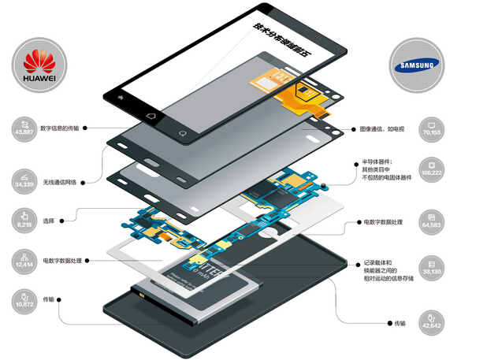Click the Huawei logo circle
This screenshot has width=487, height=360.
32,64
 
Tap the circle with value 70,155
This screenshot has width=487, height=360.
431,128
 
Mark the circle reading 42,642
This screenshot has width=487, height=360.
431,320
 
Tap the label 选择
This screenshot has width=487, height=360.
50,221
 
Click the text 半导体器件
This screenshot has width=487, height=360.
378,162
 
